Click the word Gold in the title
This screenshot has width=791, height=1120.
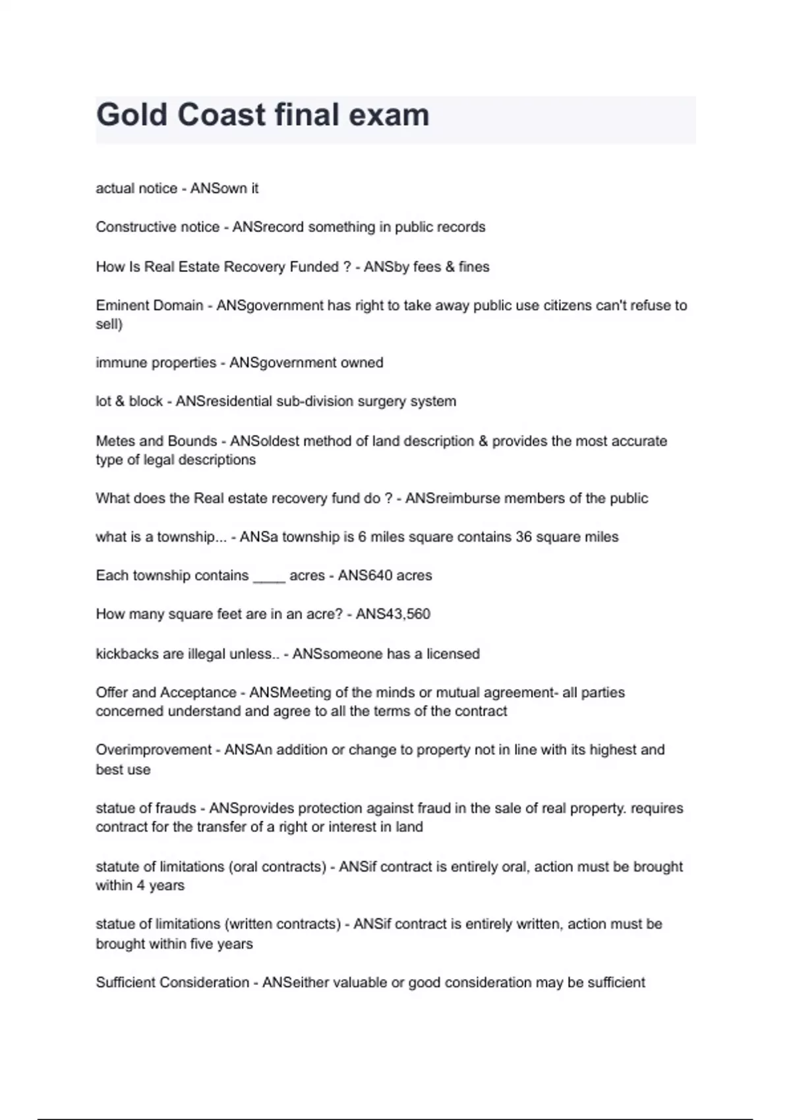click(x=132, y=115)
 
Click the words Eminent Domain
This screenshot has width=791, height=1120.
click(x=149, y=305)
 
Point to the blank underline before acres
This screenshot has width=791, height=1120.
click(x=269, y=576)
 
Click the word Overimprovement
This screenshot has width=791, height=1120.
click(x=154, y=750)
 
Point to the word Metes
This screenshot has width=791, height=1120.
click(x=115, y=441)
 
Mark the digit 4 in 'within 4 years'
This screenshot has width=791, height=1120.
click(x=140, y=885)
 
